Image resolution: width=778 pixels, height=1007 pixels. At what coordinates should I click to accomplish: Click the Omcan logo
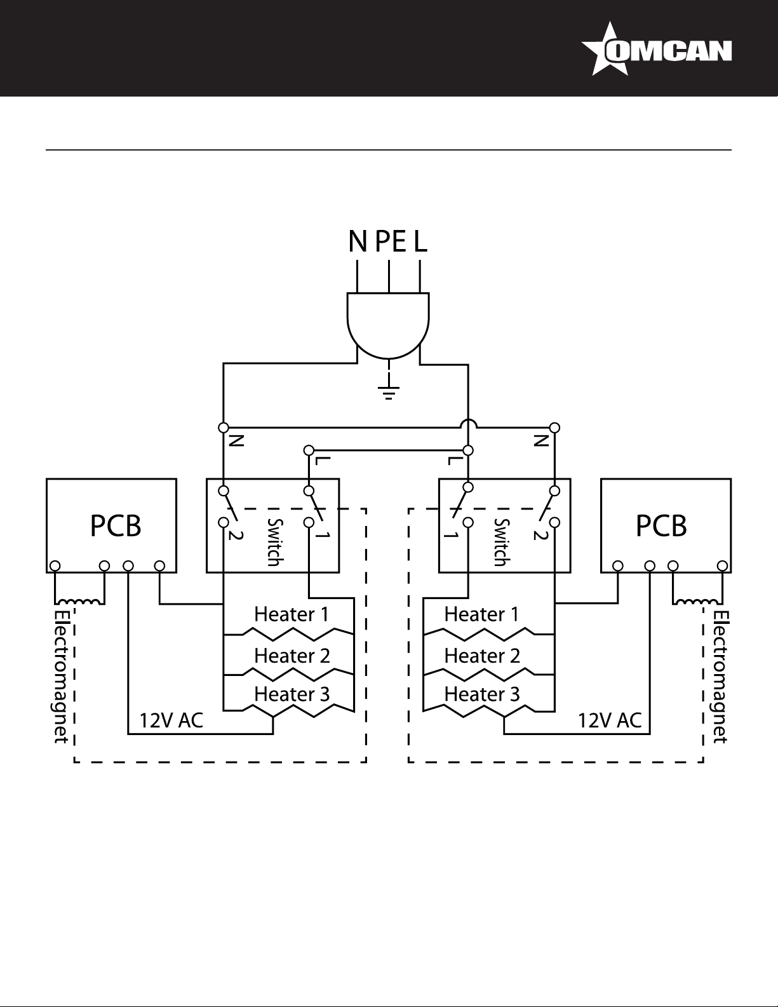pyautogui.click(x=656, y=49)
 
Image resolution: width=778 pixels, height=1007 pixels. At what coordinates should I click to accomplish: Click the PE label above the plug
pyautogui.click(x=391, y=241)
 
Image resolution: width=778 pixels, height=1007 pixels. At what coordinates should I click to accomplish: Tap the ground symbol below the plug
pyautogui.click(x=389, y=392)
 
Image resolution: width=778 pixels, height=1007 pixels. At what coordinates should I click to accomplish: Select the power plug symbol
pyautogui.click(x=389, y=325)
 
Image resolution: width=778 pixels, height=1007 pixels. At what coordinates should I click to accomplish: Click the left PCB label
pyautogui.click(x=116, y=526)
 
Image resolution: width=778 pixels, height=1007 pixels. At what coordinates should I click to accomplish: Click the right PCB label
pyautogui.click(x=661, y=526)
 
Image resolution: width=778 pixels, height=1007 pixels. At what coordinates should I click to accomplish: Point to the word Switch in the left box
pyautogui.click(x=274, y=542)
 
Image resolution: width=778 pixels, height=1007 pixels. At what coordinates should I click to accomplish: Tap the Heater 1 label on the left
pyautogui.click(x=292, y=614)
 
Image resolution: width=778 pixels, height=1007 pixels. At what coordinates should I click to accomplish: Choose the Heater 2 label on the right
pyautogui.click(x=481, y=656)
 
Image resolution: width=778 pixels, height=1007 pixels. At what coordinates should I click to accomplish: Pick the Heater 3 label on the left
pyautogui.click(x=292, y=694)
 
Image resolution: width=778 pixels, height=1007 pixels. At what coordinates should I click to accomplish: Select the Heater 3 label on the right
pyautogui.click(x=481, y=694)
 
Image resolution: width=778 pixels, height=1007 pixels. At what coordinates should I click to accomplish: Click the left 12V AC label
pyautogui.click(x=171, y=720)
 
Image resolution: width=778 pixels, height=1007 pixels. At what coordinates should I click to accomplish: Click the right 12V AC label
pyautogui.click(x=610, y=720)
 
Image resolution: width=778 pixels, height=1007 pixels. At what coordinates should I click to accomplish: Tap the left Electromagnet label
pyautogui.click(x=61, y=677)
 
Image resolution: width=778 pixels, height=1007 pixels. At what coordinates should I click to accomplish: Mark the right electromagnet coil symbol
pyautogui.click(x=697, y=602)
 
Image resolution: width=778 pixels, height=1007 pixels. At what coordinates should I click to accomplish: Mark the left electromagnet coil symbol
pyautogui.click(x=79, y=602)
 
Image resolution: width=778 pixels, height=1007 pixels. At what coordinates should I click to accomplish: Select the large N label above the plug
pyautogui.click(x=358, y=241)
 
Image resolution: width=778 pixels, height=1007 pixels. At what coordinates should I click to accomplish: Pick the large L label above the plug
pyautogui.click(x=420, y=241)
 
